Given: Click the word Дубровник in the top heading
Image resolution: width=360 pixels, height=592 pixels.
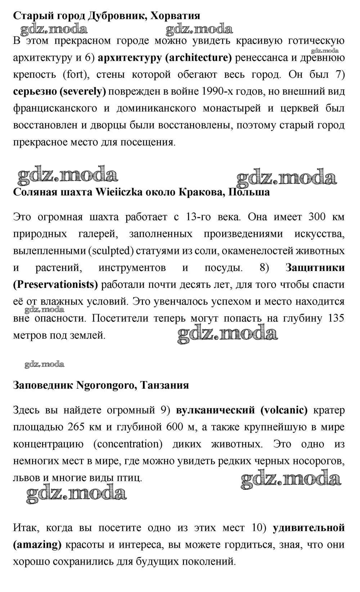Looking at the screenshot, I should pos(117,16).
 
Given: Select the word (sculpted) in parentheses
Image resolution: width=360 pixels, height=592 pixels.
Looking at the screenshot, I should pos(111,251).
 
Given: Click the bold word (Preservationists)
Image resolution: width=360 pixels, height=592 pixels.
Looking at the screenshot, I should pos(55,285).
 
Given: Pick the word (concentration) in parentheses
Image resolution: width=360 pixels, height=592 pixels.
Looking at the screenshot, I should pos(128,444).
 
